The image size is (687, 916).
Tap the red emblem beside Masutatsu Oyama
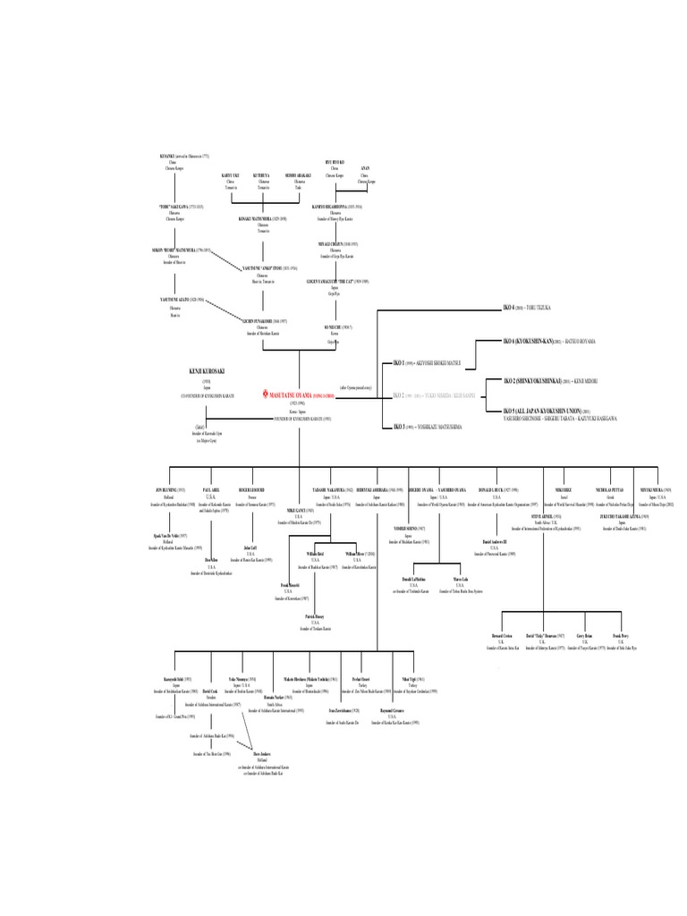pos(265,393)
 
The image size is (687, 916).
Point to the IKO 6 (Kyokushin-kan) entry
pos(533,341)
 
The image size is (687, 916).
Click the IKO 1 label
pos(400,363)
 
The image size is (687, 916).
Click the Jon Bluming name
pos(169,490)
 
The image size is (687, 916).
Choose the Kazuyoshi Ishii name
pos(175,680)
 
